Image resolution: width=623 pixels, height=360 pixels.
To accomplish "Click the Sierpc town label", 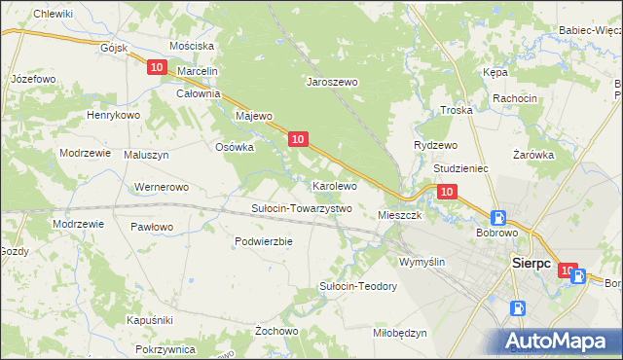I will point(531,263).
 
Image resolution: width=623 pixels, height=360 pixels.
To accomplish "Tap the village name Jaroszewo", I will point(333,83).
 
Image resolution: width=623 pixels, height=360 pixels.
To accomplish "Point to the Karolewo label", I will point(334,185).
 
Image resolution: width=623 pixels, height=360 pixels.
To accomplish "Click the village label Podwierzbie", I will point(264,241).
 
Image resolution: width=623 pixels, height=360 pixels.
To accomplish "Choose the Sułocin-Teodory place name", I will point(358,286).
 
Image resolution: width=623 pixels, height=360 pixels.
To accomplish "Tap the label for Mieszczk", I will point(399,215).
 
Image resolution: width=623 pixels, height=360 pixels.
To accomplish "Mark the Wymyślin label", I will point(421,262).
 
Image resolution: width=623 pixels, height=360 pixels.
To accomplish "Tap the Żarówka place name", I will point(532,154).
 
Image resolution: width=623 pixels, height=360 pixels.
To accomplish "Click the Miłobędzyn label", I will point(400,333).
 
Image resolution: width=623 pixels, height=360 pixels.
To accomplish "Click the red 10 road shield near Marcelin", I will point(158,66).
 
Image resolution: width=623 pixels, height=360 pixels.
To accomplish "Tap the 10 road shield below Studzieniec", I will point(446,192).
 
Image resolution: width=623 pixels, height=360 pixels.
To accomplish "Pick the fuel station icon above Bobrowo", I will point(497,218).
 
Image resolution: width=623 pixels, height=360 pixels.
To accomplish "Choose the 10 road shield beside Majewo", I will point(298,139).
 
